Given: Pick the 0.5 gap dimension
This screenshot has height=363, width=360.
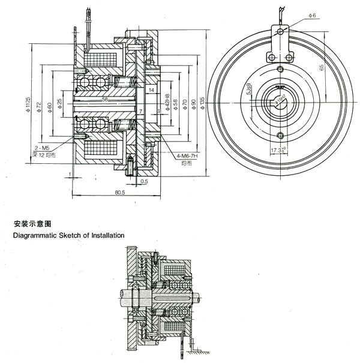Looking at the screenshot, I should (145, 181).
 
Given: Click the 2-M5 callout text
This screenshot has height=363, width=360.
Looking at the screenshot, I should (42, 146).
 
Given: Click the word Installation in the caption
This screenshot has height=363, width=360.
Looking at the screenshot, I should (104, 235).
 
